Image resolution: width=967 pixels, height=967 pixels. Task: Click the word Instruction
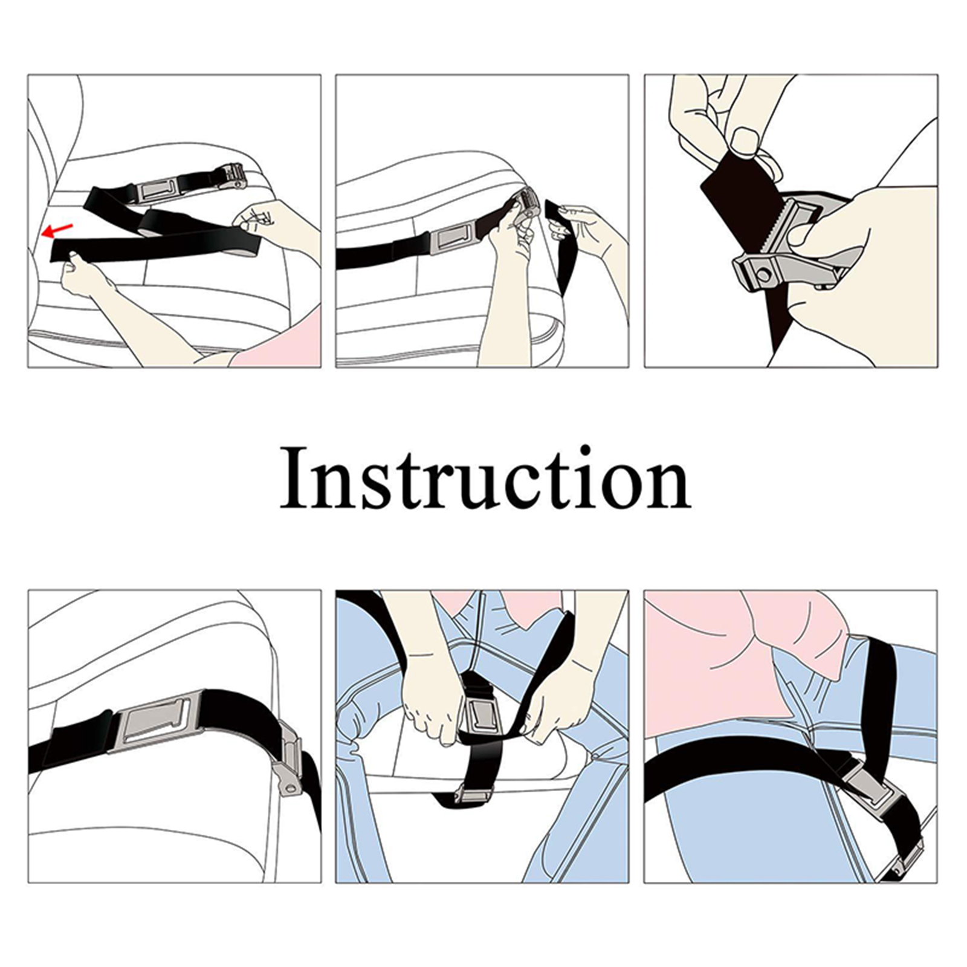pyautogui.click(x=485, y=477)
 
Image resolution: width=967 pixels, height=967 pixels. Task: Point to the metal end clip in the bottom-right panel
pyautogui.click(x=908, y=852)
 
